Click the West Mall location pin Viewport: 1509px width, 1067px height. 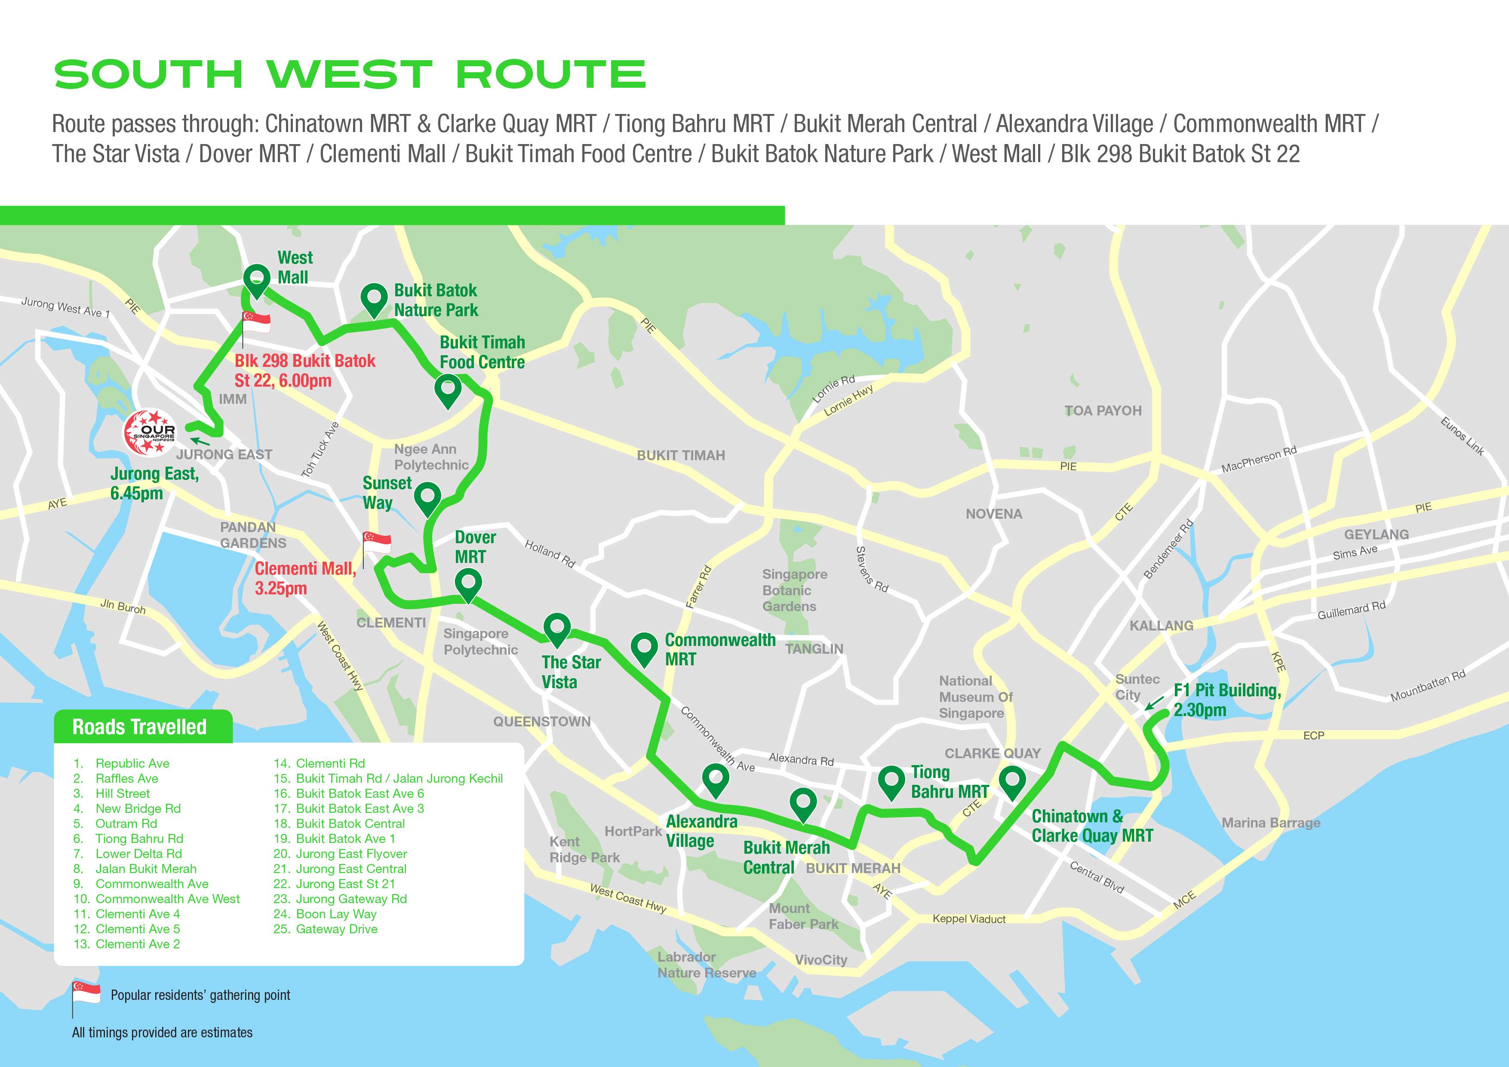tap(256, 280)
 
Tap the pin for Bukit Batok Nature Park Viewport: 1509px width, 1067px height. tap(374, 298)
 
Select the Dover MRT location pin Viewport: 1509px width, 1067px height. tap(468, 584)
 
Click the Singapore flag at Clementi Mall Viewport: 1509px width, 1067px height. tap(377, 543)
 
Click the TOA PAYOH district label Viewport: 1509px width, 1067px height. tap(1103, 411)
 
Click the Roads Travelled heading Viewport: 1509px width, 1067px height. tap(139, 727)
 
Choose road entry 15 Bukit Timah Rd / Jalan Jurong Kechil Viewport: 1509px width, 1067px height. tap(388, 778)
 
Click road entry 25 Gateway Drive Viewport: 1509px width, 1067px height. tap(326, 929)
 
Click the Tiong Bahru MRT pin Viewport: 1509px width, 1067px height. tap(891, 781)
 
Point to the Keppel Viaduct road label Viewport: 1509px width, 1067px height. tap(969, 919)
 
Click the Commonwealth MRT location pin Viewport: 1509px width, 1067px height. tap(644, 648)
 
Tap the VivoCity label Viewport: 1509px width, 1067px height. tap(821, 960)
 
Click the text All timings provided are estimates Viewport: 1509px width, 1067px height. tap(162, 1033)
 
